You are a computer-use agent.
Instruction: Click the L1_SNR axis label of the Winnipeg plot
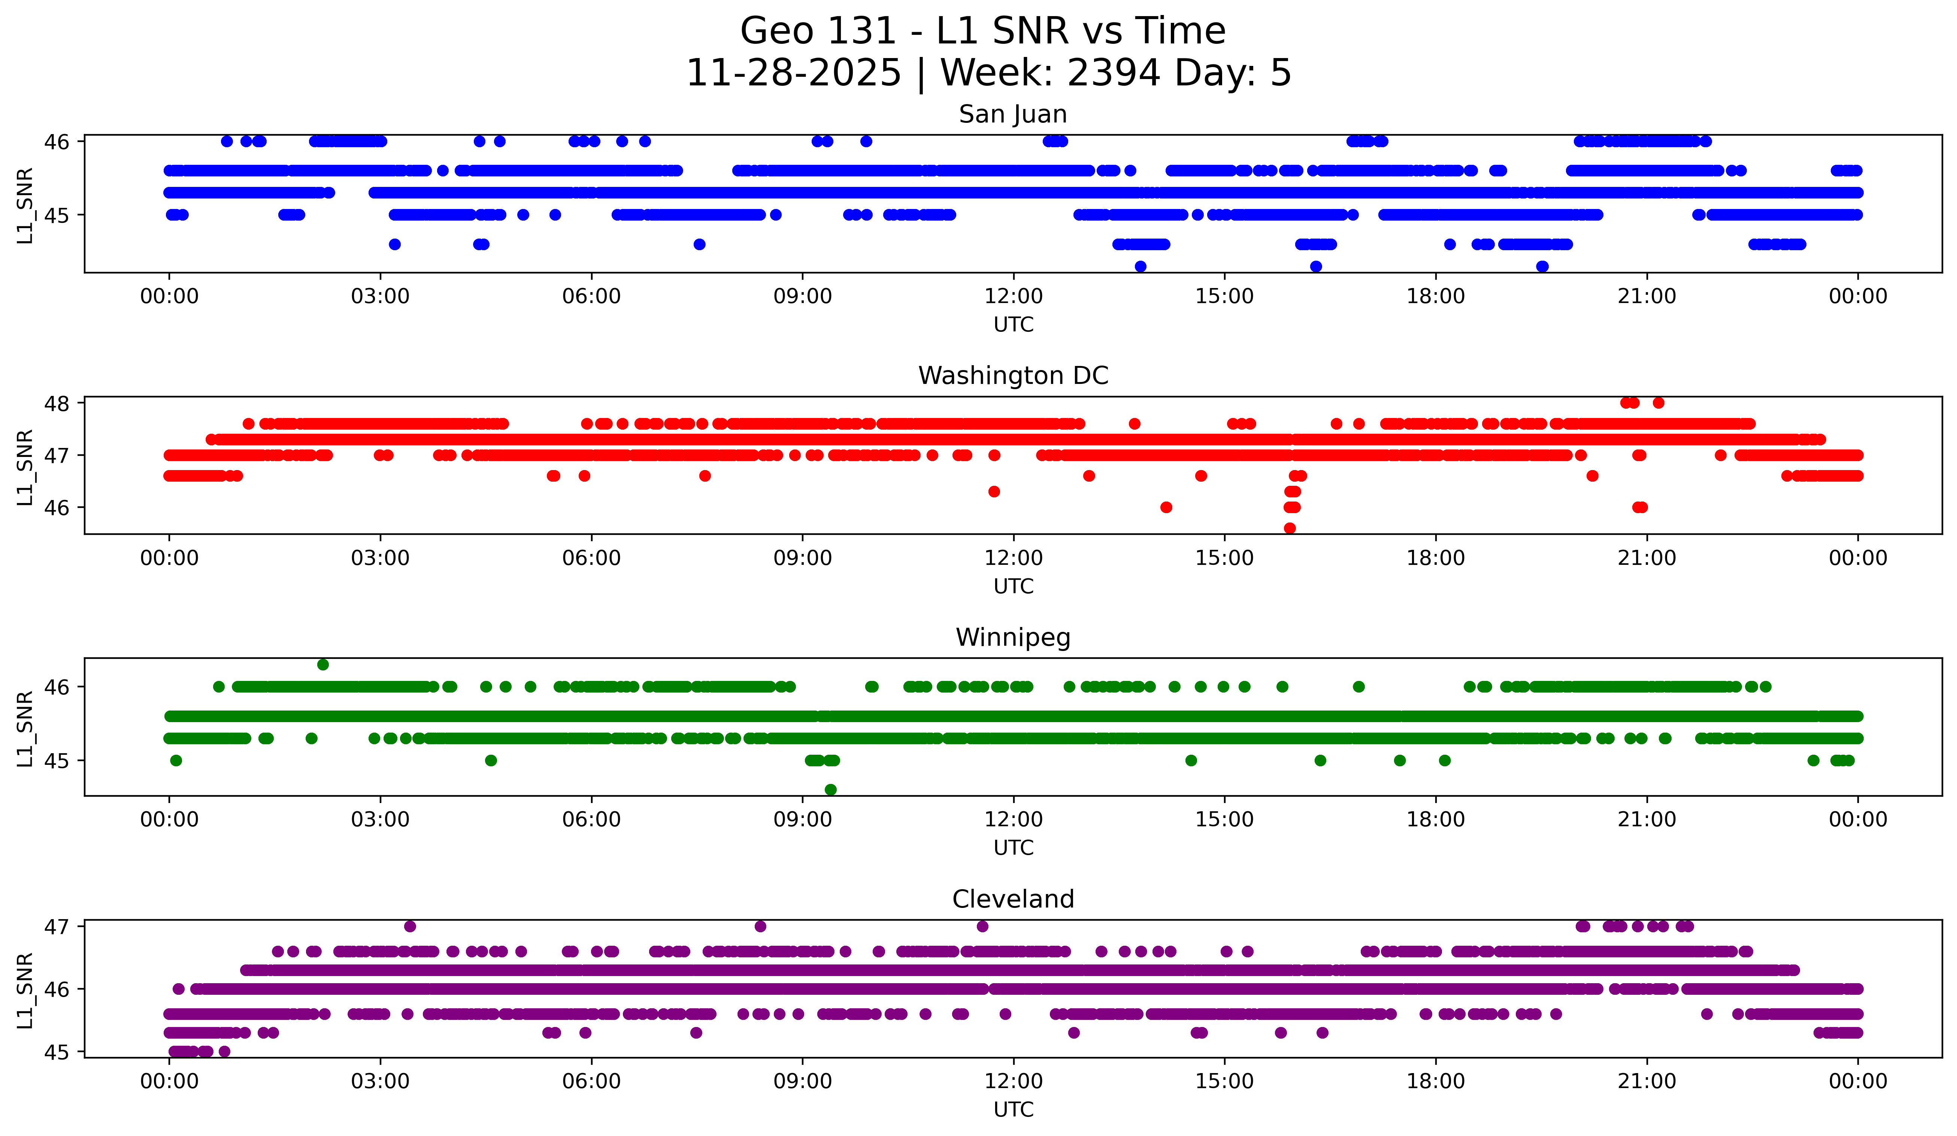(25, 728)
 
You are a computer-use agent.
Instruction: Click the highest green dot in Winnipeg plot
(323, 665)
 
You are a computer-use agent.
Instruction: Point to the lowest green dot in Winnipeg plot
(830, 790)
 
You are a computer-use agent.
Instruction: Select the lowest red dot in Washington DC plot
(1290, 528)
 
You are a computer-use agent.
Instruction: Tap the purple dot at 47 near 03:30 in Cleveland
(410, 926)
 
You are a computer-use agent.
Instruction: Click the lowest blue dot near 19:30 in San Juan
(1542, 266)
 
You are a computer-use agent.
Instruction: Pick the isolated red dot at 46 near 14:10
(1166, 507)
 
